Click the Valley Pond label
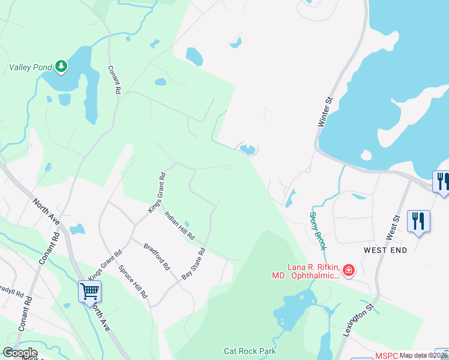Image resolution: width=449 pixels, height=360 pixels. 30,68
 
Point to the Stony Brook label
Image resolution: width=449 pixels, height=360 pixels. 318,230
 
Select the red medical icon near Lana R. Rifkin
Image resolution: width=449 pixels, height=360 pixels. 349,271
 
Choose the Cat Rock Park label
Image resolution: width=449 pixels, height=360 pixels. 250,352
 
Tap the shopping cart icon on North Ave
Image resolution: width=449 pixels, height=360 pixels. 89,292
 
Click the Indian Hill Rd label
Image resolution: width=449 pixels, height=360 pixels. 180,225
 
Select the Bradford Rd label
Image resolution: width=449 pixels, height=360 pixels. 157,256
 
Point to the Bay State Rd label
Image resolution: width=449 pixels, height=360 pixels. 194,263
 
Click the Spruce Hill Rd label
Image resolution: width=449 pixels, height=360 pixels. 133,281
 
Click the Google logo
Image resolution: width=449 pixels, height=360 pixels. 20,353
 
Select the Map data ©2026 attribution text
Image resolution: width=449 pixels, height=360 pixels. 424,355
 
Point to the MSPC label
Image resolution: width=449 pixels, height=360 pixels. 387,356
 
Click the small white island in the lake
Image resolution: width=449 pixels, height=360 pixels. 366,155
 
